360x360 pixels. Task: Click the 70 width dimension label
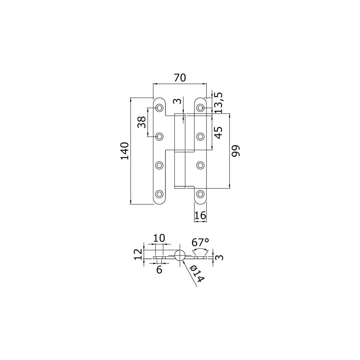180,78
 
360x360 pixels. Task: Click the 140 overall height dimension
125,151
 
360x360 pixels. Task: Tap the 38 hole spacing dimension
141,122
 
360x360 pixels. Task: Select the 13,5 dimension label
218,103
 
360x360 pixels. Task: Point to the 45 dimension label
218,133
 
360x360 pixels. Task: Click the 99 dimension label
235,151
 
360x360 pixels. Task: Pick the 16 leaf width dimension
200,215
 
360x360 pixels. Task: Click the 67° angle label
200,242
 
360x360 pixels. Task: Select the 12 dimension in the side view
138,254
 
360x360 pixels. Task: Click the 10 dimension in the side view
159,238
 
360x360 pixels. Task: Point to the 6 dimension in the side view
159,270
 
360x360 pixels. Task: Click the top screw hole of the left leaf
159,108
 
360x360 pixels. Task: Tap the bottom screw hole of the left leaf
159,194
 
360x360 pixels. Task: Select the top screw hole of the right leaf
200,108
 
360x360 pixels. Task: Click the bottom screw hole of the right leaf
200,194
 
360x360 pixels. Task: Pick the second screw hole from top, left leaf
159,136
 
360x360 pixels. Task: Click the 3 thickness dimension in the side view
220,257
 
